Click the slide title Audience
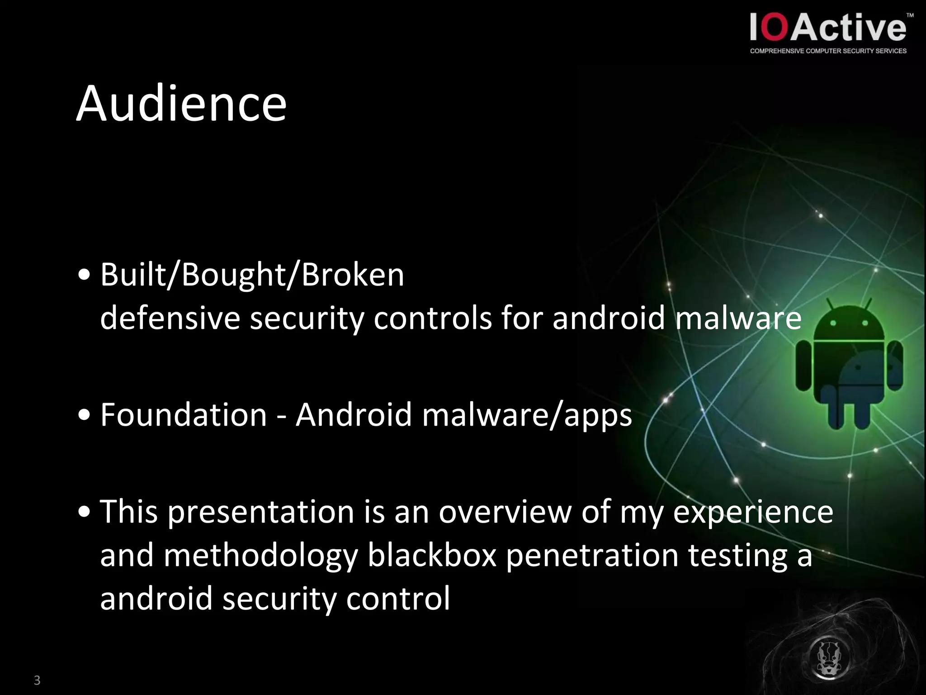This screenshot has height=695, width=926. click(x=181, y=104)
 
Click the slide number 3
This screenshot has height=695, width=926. click(x=37, y=680)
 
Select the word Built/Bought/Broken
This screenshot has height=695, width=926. click(x=252, y=275)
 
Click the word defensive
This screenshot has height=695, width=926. click(x=170, y=318)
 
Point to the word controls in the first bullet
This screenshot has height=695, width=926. click(x=432, y=318)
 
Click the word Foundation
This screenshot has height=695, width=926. click(x=184, y=414)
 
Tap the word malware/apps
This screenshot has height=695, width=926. click(x=527, y=415)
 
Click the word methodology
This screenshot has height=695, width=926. click(x=261, y=556)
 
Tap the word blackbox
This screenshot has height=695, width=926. click(x=432, y=555)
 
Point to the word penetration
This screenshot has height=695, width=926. click(x=592, y=556)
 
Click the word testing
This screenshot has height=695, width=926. click(x=737, y=556)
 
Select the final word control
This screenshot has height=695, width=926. click(x=398, y=598)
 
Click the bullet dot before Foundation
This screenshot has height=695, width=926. click(x=84, y=415)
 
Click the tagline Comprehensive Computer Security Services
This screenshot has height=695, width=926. click(x=828, y=51)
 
